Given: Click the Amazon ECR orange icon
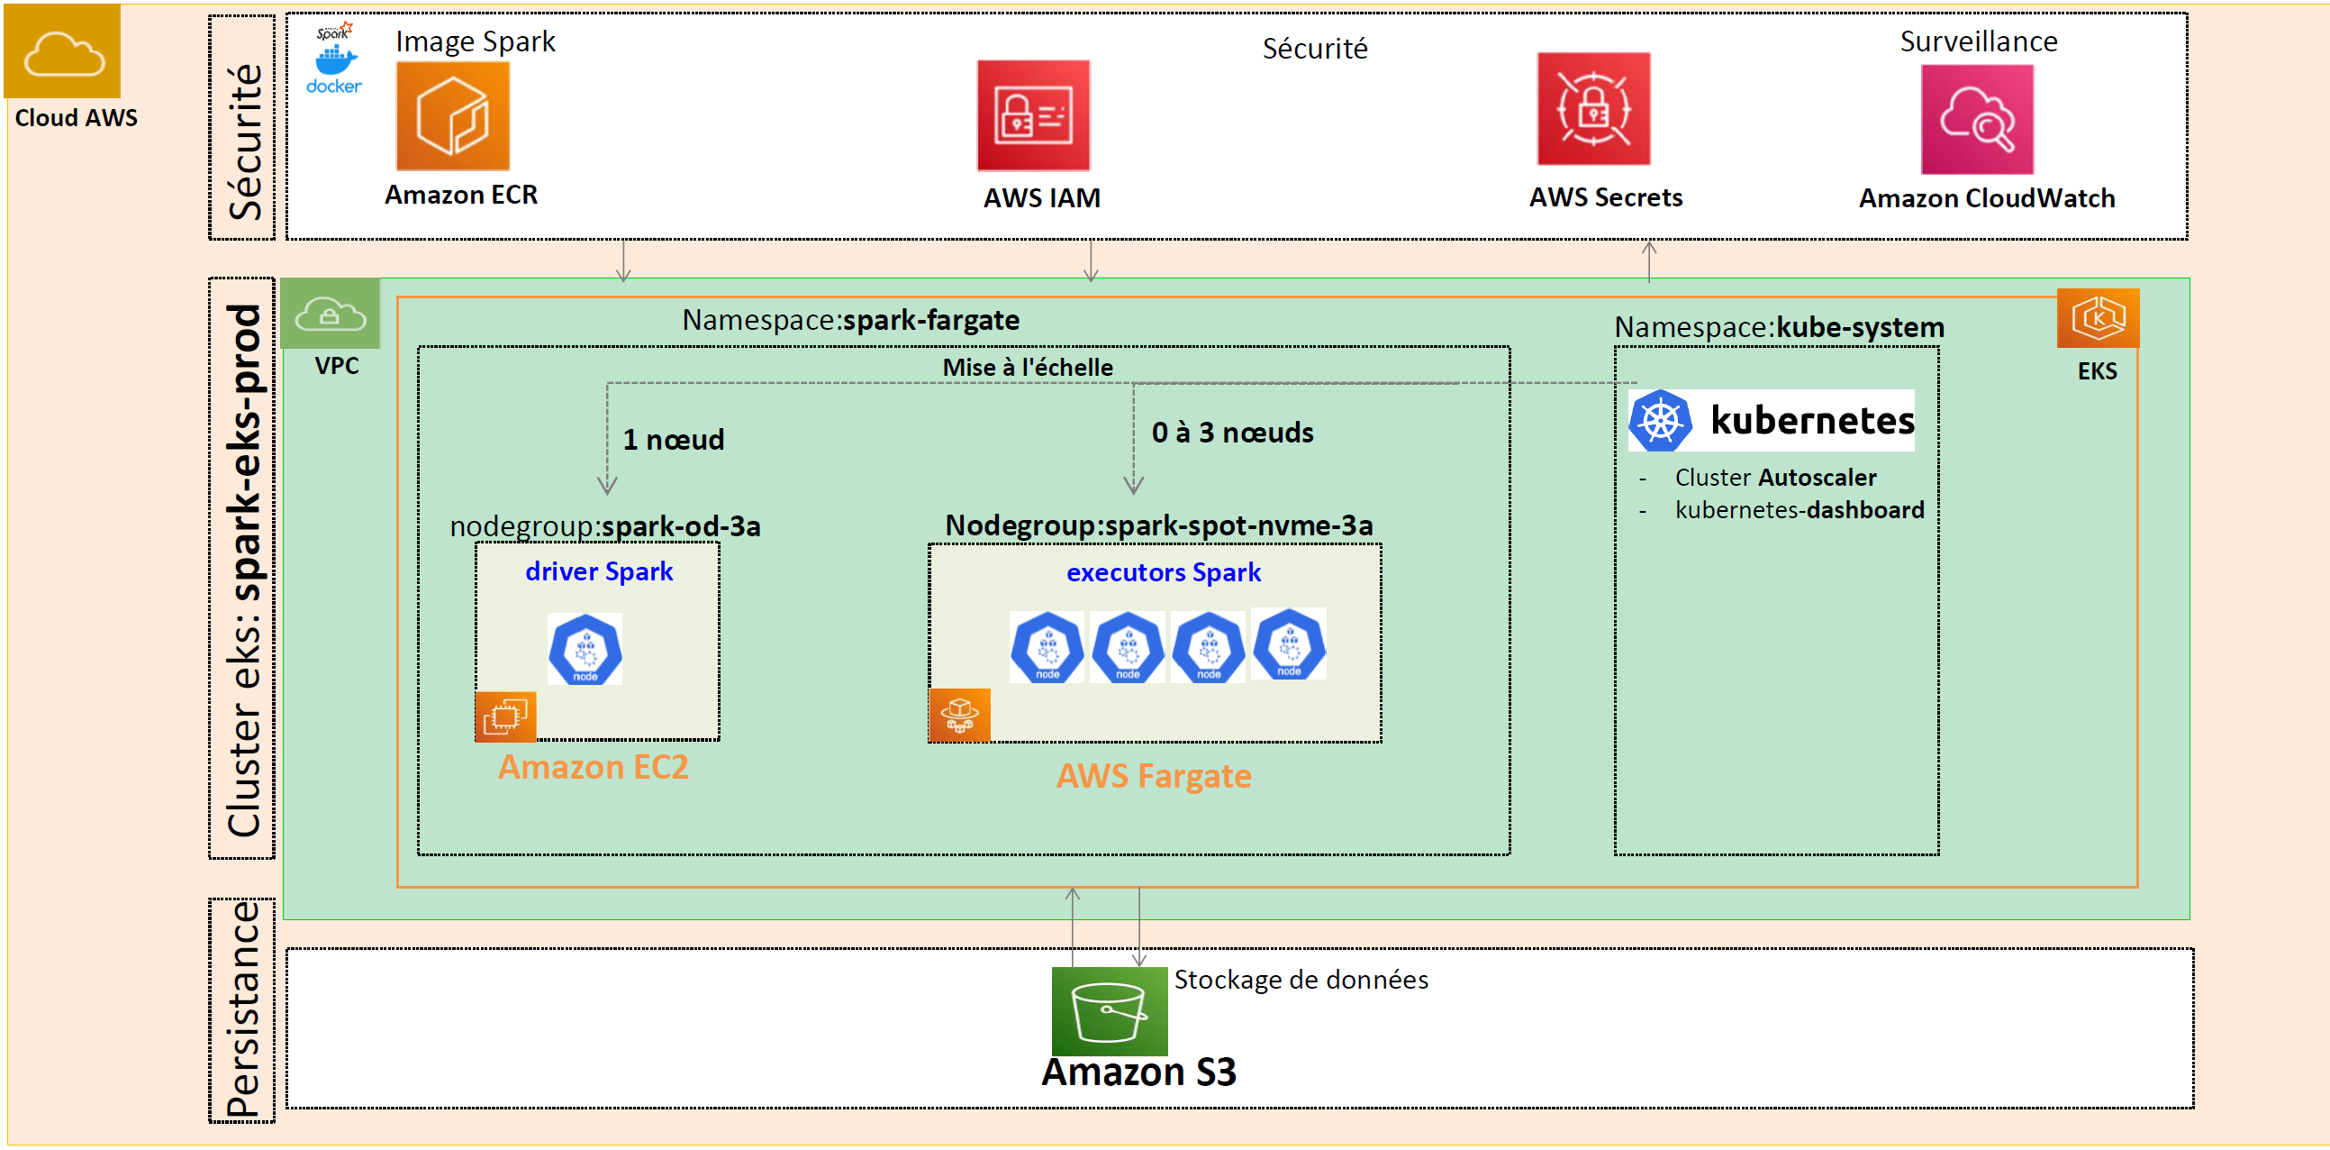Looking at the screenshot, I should tap(452, 116).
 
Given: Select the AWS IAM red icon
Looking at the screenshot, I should tap(1033, 116).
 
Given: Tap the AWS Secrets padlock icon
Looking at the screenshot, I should tap(1593, 109).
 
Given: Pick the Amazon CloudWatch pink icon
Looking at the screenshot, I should tap(1976, 120).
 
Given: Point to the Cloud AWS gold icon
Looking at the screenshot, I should tap(62, 51).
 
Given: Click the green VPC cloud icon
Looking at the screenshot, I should tap(331, 314).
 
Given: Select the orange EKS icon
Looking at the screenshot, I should tap(2097, 318).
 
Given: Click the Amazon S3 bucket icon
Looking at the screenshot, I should tap(1109, 1010).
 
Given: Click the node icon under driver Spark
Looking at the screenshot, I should tap(585, 649).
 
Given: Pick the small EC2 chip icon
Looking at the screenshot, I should tap(505, 716).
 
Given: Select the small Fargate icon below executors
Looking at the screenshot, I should tap(959, 715).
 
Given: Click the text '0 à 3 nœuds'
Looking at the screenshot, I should tap(1232, 433).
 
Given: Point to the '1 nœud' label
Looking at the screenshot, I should tap(673, 440).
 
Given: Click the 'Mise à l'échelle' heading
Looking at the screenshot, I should tap(1027, 368).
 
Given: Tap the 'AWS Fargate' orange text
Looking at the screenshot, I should tap(1153, 776).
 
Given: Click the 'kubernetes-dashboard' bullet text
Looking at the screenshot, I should tap(1798, 510).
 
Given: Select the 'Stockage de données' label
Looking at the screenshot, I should tap(1300, 980).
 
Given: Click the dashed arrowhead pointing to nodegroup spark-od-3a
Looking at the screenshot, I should tap(607, 487).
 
